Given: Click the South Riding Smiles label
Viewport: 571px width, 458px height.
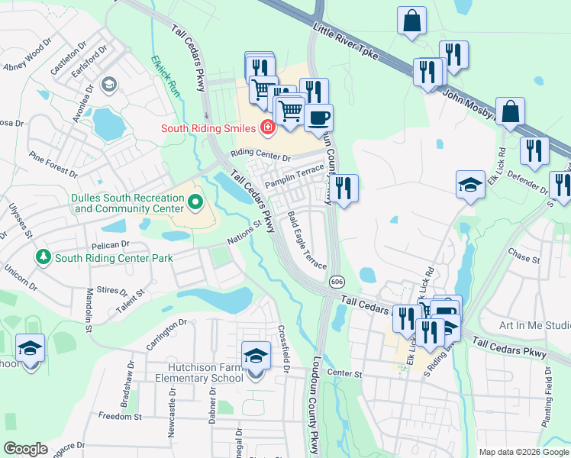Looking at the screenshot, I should click(208, 127).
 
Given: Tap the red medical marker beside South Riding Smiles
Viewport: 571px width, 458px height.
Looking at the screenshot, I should click(267, 127).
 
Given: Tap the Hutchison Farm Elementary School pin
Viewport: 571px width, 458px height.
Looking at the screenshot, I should click(255, 356).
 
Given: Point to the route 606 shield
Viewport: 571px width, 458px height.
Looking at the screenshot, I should click(337, 282).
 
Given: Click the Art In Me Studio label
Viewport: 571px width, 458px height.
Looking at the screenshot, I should click(534, 325).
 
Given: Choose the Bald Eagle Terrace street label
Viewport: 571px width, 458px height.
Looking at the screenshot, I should click(307, 240).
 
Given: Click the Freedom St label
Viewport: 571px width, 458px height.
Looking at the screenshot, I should click(120, 416).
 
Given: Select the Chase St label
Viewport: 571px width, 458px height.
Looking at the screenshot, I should click(524, 258).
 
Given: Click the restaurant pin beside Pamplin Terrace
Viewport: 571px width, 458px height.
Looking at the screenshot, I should click(344, 187).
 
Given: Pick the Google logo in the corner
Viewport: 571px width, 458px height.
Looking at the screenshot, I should click(25, 448).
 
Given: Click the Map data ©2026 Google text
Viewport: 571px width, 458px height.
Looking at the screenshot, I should click(523, 452).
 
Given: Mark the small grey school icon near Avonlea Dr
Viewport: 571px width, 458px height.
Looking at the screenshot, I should click(108, 83).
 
